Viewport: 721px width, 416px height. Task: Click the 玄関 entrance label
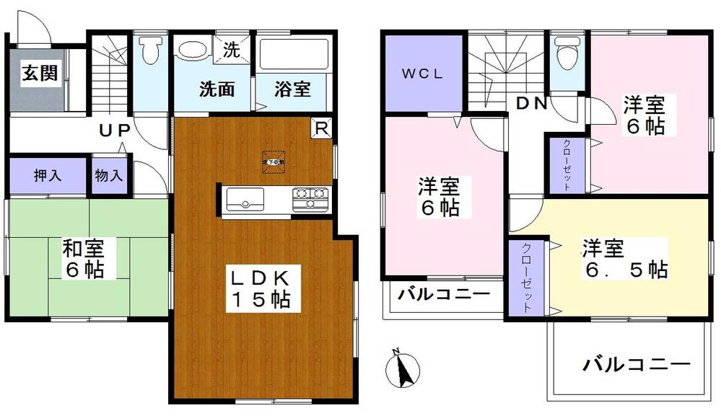(39, 74)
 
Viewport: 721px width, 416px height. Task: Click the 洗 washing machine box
(231, 50)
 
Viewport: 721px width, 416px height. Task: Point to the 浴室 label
(292, 89)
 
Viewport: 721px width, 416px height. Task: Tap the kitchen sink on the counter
(246, 198)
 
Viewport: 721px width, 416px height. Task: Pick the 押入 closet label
(48, 175)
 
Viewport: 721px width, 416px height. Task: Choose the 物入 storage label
(110, 175)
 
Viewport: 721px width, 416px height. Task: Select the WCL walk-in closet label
(422, 74)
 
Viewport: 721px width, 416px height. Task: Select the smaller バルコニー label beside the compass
(444, 295)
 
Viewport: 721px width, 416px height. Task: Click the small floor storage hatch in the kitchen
(274, 160)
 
